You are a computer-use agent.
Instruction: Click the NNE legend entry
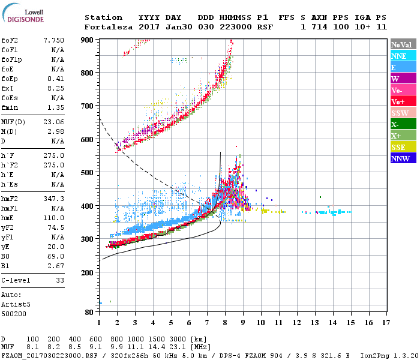tap(398, 56)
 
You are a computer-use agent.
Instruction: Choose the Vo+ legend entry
tap(398, 101)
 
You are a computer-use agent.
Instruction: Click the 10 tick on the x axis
tap(260, 323)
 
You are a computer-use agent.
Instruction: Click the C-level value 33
tap(59, 280)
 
